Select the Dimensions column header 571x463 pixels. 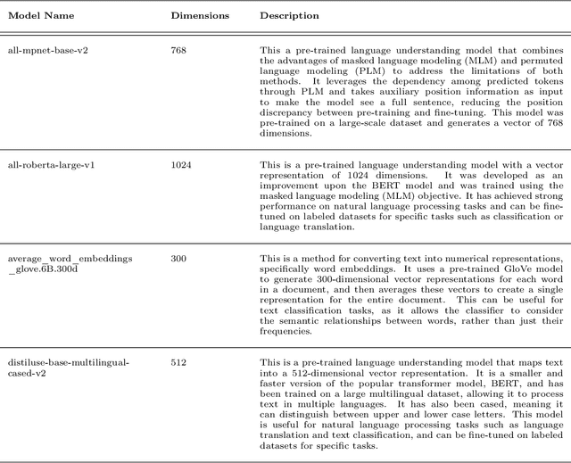pyautogui.click(x=200, y=16)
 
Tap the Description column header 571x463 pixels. pyautogui.click(x=289, y=16)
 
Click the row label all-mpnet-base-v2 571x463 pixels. pyautogui.click(x=44, y=51)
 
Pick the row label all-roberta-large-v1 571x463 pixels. pyautogui.click(x=47, y=165)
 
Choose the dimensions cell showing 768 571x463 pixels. pyautogui.click(x=179, y=51)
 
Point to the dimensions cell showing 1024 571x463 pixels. pyautogui.click(x=182, y=165)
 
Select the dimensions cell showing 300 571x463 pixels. pyautogui.click(x=179, y=258)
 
